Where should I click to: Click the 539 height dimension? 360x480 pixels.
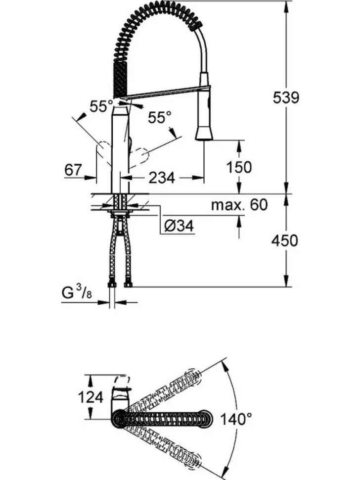click(286, 98)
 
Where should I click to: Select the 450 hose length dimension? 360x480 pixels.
click(284, 240)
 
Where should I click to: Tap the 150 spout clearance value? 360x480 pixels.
click(239, 167)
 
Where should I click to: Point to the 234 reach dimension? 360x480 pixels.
click(162, 177)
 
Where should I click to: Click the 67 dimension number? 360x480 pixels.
click(73, 170)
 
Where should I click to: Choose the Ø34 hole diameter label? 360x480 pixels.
click(179, 226)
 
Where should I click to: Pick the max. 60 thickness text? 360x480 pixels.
click(239, 204)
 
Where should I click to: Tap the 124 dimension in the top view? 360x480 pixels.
click(90, 397)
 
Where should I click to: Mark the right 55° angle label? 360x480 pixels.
click(160, 117)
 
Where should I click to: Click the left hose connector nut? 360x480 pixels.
click(112, 285)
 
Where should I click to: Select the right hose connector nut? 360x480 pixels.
click(128, 285)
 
